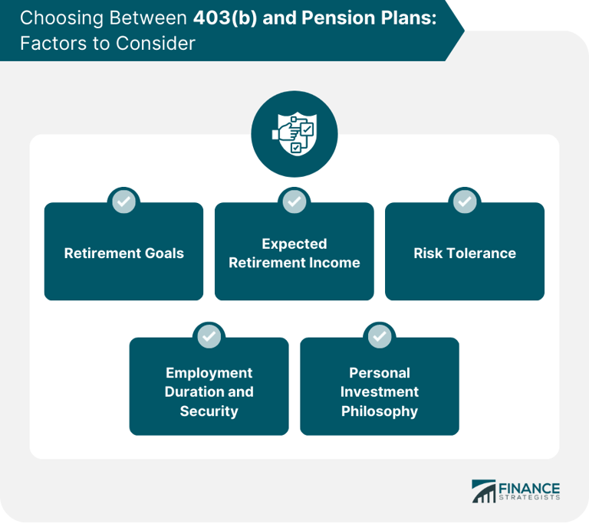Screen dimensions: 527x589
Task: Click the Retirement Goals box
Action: click(x=123, y=253)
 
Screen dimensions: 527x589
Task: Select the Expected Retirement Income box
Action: click(x=294, y=253)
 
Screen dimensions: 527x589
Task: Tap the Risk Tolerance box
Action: click(x=464, y=253)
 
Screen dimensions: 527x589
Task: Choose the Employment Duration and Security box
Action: click(x=209, y=391)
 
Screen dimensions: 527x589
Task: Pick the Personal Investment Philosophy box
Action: click(x=379, y=391)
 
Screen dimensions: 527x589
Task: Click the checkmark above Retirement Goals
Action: click(x=123, y=201)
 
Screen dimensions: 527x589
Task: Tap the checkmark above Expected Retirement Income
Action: click(x=294, y=201)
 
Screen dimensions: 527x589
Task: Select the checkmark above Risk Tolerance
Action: click(x=464, y=201)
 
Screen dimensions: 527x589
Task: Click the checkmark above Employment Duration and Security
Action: click(x=209, y=336)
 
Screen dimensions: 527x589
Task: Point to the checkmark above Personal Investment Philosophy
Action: click(x=379, y=336)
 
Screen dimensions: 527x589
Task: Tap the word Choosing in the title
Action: click(x=54, y=18)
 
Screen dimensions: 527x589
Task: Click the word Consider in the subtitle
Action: click(x=158, y=43)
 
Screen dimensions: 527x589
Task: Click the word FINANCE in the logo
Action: click(x=529, y=488)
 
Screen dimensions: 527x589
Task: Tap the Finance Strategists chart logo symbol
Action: click(x=484, y=491)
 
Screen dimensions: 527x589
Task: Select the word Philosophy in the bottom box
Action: click(x=379, y=411)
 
